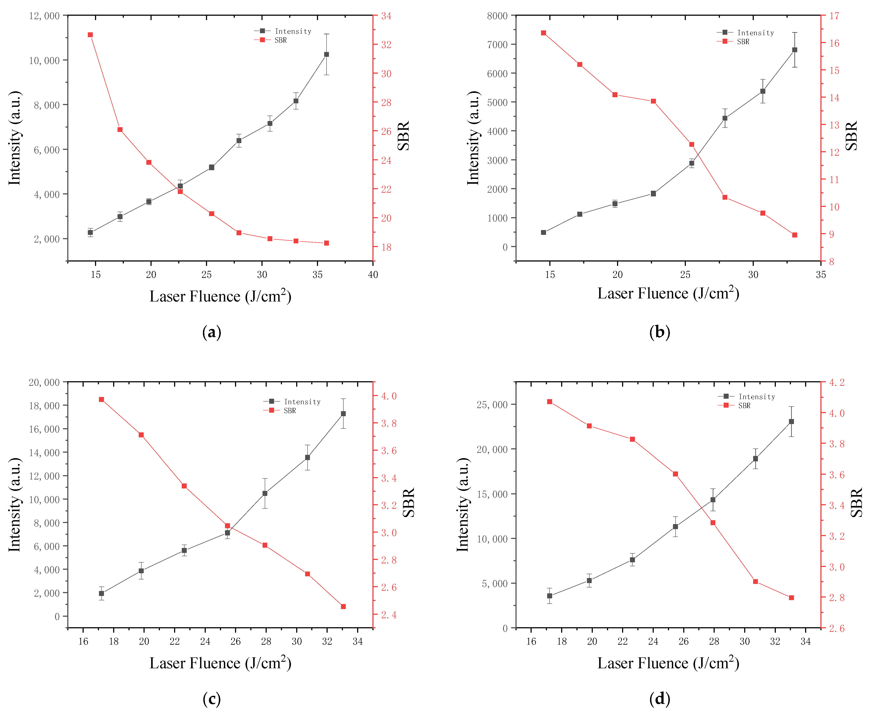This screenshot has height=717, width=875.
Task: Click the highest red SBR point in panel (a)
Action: click(x=90, y=35)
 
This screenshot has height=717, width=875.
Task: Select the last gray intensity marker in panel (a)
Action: click(x=327, y=55)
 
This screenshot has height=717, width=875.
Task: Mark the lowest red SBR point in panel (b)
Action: click(x=794, y=235)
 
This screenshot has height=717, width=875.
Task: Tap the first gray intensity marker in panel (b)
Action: click(x=543, y=232)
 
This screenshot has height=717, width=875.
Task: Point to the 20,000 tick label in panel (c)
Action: click(x=44, y=383)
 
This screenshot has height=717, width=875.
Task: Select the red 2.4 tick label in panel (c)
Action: click(x=389, y=615)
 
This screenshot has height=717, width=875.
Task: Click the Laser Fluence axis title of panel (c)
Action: click(x=220, y=663)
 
